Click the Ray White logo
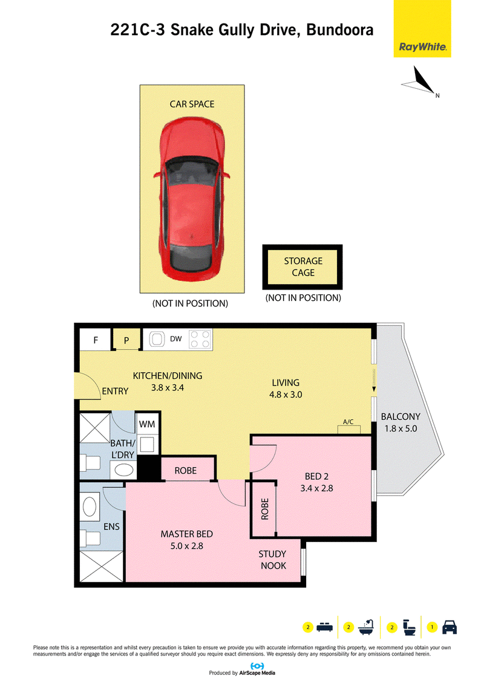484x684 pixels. [x=422, y=29]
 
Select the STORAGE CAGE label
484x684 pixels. [x=303, y=266]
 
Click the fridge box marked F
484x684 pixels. [x=95, y=340]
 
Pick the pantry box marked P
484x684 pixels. [x=126, y=340]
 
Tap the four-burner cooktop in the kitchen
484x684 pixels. [x=200, y=339]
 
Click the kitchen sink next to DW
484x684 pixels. [x=156, y=339]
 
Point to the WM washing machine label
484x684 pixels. [x=147, y=424]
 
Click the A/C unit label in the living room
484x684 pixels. [x=348, y=422]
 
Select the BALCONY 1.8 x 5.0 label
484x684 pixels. [x=401, y=422]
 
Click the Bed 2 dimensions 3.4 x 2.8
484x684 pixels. [x=316, y=488]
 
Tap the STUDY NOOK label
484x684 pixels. [x=273, y=560]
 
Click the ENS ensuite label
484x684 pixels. [x=111, y=526]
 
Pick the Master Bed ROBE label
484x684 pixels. [x=186, y=470]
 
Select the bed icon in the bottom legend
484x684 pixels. [x=324, y=627]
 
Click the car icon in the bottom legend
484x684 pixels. [x=450, y=627]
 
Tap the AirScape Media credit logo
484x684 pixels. [x=257, y=666]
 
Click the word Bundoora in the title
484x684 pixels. [x=340, y=30]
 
